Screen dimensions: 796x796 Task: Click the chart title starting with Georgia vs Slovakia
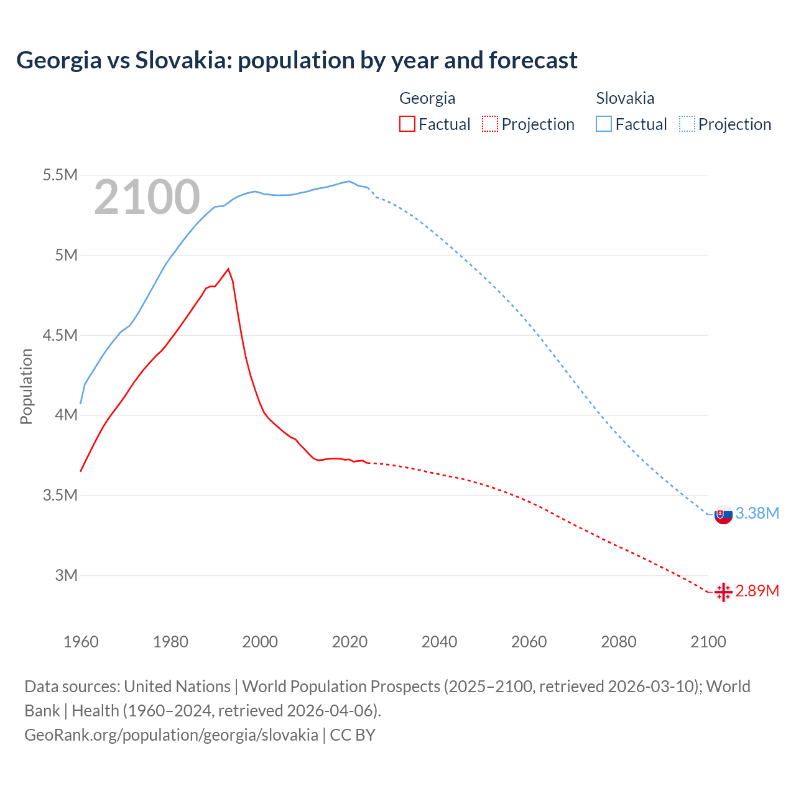click(x=297, y=60)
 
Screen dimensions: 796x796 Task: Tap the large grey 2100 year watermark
click(x=147, y=197)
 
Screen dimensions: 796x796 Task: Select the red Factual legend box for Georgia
click(x=407, y=124)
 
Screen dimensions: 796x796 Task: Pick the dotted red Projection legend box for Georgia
click(x=490, y=124)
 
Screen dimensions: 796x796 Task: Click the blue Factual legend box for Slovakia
click(x=604, y=124)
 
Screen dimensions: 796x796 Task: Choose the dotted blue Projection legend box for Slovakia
click(x=687, y=124)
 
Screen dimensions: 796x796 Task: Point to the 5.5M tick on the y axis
click(x=60, y=175)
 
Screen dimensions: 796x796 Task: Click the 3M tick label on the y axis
click(x=66, y=575)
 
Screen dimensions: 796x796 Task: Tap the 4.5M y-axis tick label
click(x=60, y=335)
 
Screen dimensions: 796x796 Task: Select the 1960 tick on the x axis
click(x=81, y=642)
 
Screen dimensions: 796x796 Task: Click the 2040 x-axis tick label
click(x=439, y=642)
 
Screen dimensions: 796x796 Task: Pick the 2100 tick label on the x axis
click(x=708, y=642)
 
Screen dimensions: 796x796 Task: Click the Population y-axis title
click(x=26, y=386)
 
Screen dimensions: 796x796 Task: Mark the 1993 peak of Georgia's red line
click(x=228, y=269)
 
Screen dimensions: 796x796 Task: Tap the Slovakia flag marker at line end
click(x=723, y=514)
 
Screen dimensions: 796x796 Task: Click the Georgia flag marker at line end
click(x=723, y=592)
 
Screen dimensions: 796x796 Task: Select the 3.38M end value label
click(x=757, y=513)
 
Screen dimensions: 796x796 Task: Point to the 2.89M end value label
click(x=757, y=591)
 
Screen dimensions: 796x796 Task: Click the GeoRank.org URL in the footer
click(x=171, y=734)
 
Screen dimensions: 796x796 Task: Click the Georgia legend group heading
click(x=427, y=98)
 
